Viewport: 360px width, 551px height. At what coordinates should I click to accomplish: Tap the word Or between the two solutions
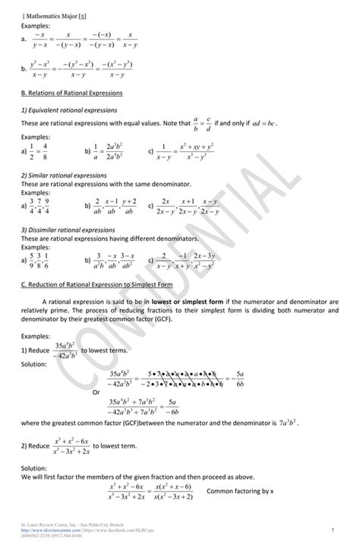point(96,392)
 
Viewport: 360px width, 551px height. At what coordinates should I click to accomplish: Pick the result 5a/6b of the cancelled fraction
point(240,378)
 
